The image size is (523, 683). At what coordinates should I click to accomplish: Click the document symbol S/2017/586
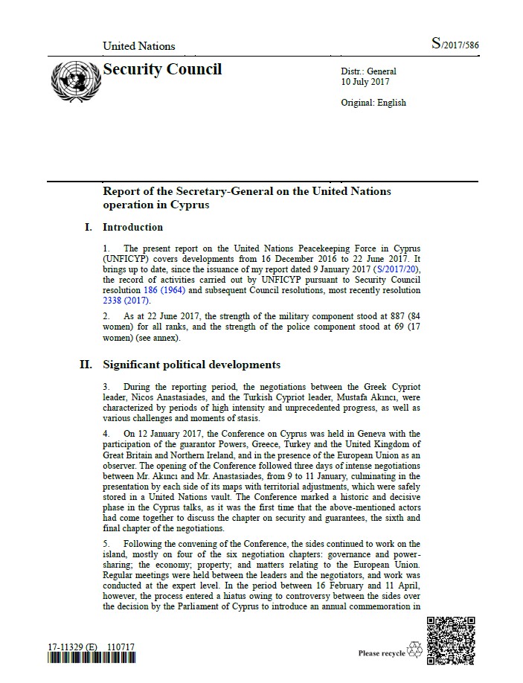click(x=455, y=45)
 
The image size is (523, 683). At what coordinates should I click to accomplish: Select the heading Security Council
click(x=162, y=70)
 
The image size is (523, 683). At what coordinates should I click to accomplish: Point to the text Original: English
click(x=373, y=103)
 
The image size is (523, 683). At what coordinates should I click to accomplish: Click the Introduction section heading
click(x=132, y=227)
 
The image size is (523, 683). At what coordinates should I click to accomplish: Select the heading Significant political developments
click(x=192, y=365)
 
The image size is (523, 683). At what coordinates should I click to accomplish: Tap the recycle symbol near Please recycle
click(x=414, y=652)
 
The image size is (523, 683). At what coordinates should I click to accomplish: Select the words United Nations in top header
click(x=139, y=46)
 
